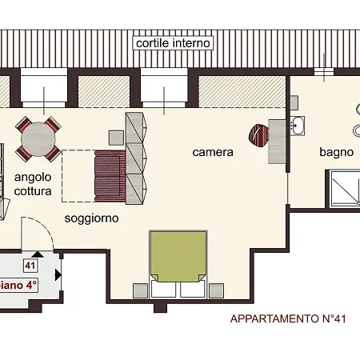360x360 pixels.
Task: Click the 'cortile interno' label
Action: [x=174, y=42]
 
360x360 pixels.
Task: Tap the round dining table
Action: [x=39, y=139]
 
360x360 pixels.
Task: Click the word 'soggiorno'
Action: [x=91, y=218]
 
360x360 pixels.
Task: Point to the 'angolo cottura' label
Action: [x=33, y=185]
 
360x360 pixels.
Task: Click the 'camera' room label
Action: [x=213, y=151]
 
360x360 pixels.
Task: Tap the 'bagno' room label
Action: [x=336, y=151]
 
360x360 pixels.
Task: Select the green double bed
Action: [x=178, y=255]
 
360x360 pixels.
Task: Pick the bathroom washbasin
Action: [x=297, y=125]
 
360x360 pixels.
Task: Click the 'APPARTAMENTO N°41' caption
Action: [x=288, y=319]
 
